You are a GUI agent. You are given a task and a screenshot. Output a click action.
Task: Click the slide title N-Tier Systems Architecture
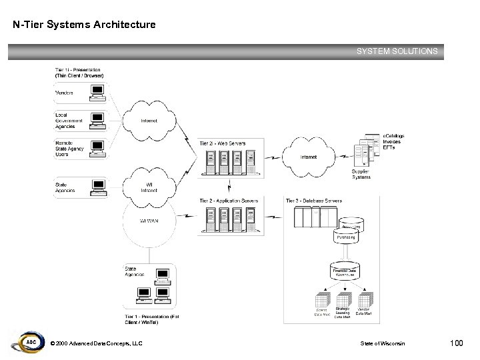pos(84,25)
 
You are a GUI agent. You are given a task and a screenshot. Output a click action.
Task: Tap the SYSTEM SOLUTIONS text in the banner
pos(397,51)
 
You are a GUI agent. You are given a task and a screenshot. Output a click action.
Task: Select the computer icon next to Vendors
pos(98,91)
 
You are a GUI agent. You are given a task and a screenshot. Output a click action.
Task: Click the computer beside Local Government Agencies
pos(98,119)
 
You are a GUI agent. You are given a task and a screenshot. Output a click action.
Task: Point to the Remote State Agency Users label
pos(69,148)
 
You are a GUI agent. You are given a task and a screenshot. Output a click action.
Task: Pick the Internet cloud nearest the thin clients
pos(149,121)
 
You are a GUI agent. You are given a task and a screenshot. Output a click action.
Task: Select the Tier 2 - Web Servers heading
pos(222,143)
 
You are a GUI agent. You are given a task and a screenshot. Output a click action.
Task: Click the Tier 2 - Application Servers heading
pos(229,201)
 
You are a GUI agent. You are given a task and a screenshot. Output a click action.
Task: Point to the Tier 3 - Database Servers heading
pos(313,201)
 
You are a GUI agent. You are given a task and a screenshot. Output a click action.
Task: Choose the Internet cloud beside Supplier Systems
pos(309,157)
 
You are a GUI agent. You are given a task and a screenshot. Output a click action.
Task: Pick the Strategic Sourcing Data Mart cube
pos(343,299)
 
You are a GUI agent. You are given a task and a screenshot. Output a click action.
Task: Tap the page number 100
pos(456,343)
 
